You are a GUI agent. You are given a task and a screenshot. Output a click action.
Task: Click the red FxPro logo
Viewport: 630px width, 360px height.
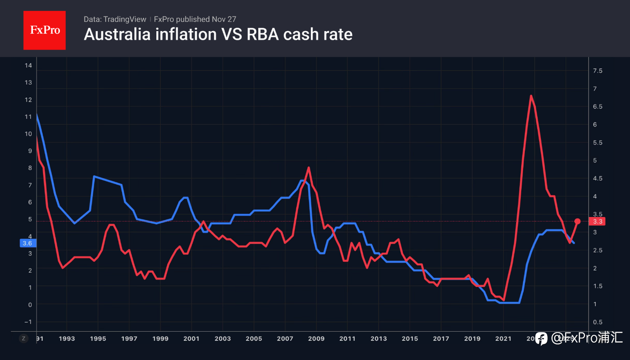(x=44, y=30)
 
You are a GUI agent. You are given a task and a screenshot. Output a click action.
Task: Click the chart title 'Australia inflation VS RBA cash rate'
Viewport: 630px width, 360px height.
(x=218, y=35)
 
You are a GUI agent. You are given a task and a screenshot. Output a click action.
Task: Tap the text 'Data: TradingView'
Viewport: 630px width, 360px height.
(x=115, y=19)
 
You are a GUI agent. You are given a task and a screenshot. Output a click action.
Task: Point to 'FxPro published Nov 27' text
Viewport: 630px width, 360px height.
(x=195, y=19)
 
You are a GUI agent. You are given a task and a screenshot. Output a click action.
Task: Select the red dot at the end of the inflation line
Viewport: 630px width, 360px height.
(x=577, y=221)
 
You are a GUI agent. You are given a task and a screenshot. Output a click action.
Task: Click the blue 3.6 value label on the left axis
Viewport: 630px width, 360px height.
(x=27, y=243)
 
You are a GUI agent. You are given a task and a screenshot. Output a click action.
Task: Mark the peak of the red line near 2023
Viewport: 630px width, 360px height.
(x=531, y=95)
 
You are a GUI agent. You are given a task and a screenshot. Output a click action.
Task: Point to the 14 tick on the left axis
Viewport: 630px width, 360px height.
(x=28, y=65)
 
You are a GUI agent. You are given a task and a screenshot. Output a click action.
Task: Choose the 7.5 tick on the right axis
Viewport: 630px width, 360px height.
(x=597, y=71)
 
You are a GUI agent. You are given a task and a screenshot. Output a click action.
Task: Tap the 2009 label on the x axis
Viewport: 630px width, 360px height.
(x=316, y=339)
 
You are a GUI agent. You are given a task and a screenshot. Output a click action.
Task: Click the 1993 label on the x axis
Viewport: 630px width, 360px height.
(x=67, y=339)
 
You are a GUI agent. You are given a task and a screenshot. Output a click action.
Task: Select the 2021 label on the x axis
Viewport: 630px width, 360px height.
(x=503, y=339)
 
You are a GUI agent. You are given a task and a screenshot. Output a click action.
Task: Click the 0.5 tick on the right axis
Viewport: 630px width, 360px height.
(x=597, y=322)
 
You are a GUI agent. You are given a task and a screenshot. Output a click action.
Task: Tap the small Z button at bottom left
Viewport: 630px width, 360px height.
(x=23, y=339)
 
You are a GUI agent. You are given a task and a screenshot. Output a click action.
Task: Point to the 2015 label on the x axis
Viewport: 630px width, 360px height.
(x=410, y=339)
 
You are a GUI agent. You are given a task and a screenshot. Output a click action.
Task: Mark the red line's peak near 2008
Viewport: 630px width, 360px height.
(x=309, y=168)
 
